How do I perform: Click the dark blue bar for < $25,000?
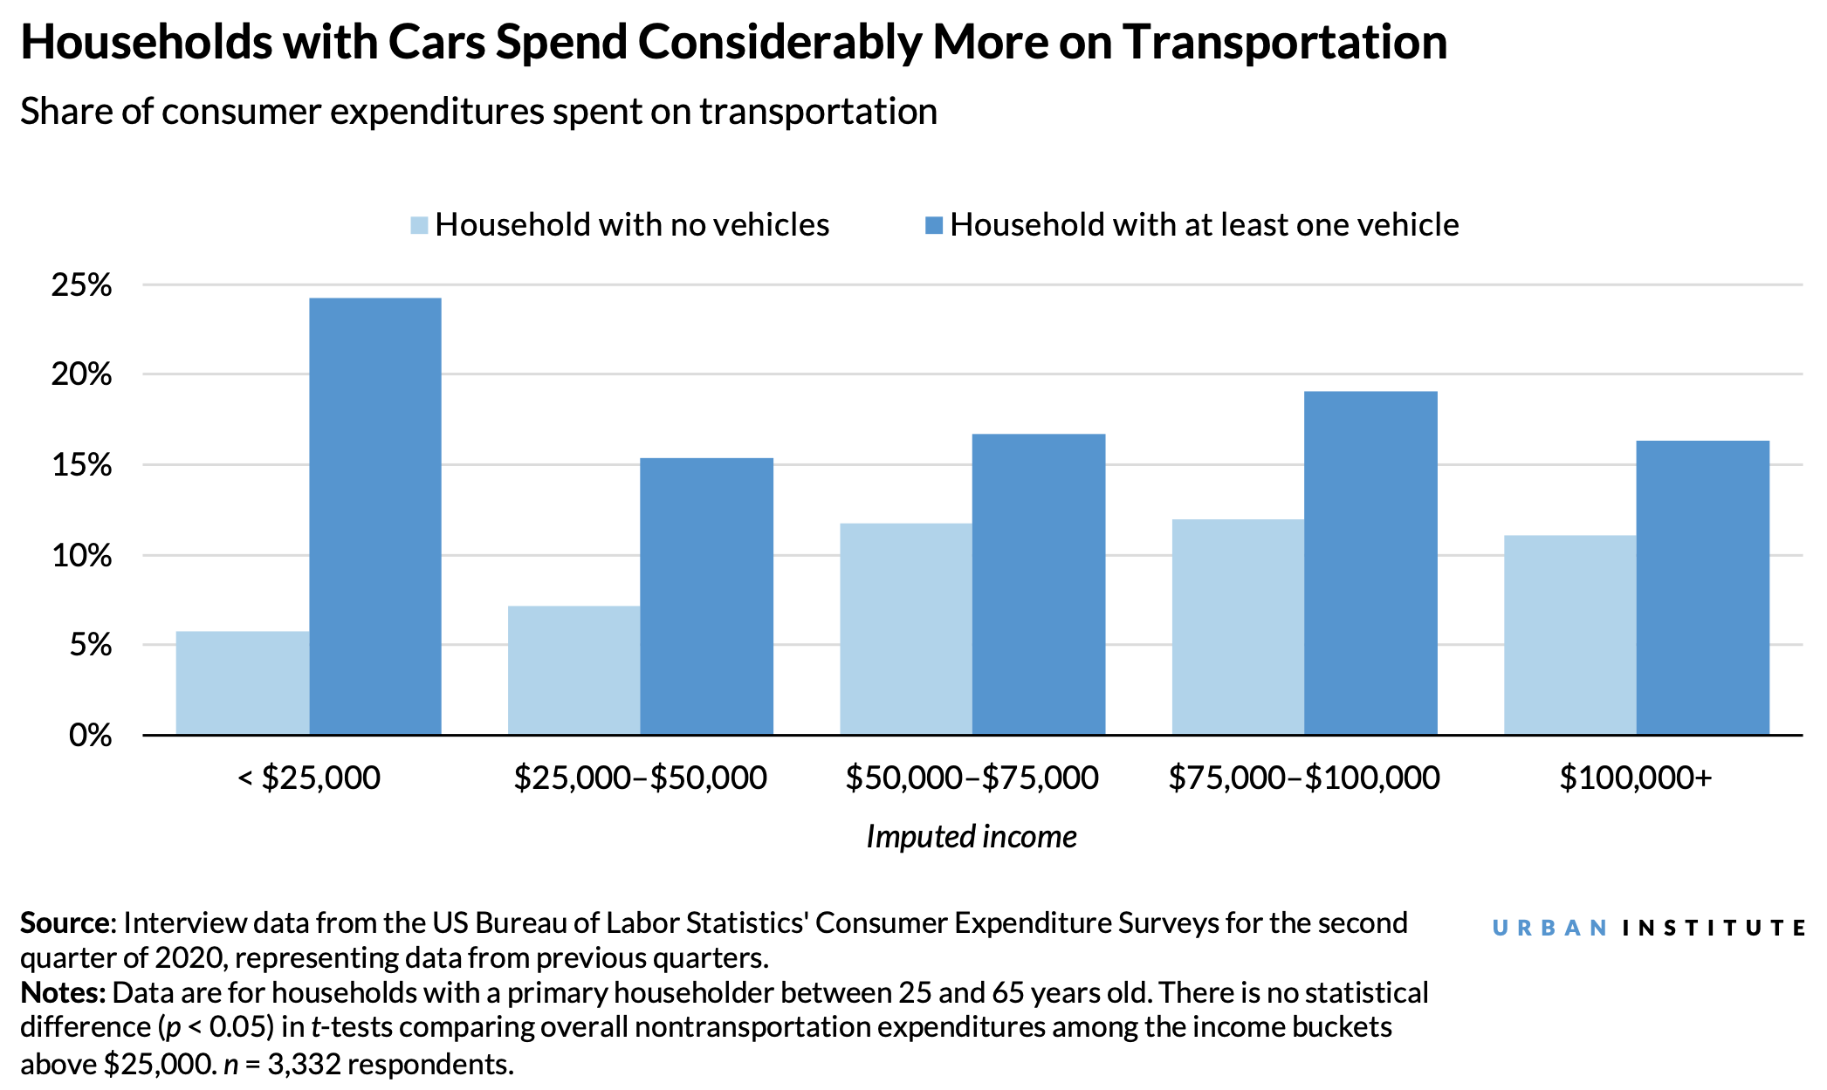point(375,516)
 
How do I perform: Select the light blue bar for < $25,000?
point(243,682)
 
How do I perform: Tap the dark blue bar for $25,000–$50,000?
point(706,596)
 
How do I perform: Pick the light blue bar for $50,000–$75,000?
point(906,628)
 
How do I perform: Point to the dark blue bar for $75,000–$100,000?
point(1370,563)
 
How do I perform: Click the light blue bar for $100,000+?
point(1569,634)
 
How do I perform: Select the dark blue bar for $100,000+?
point(1702,587)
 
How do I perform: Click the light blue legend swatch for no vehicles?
point(419,226)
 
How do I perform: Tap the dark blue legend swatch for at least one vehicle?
point(934,226)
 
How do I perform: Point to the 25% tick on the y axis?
point(82,285)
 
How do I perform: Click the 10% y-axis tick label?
point(82,555)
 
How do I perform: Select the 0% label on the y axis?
point(90,735)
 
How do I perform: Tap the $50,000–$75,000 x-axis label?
point(972,778)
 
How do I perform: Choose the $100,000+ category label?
point(1635,778)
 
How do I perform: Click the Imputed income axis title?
point(971,836)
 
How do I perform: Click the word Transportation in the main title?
point(1285,42)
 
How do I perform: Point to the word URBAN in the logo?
point(1549,928)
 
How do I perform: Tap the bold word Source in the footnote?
point(65,923)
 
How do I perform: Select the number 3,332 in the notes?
point(303,1064)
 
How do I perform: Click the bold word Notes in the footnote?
point(62,993)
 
